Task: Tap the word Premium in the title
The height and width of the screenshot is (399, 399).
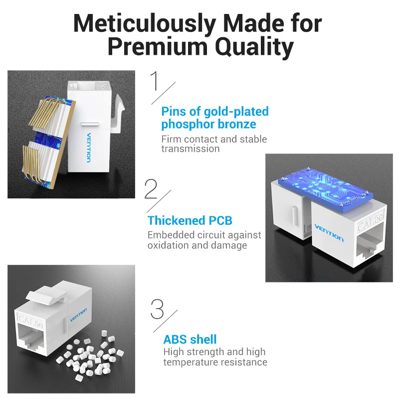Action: coord(157,47)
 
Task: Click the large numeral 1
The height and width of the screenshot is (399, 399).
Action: coord(156,81)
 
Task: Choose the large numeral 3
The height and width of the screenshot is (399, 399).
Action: coord(157,309)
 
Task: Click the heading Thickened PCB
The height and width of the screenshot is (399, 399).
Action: coord(190,220)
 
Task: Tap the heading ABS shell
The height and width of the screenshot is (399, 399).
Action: coord(190,340)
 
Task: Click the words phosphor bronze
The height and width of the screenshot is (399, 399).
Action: coord(208,124)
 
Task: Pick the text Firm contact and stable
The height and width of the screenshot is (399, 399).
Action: coord(214,139)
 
